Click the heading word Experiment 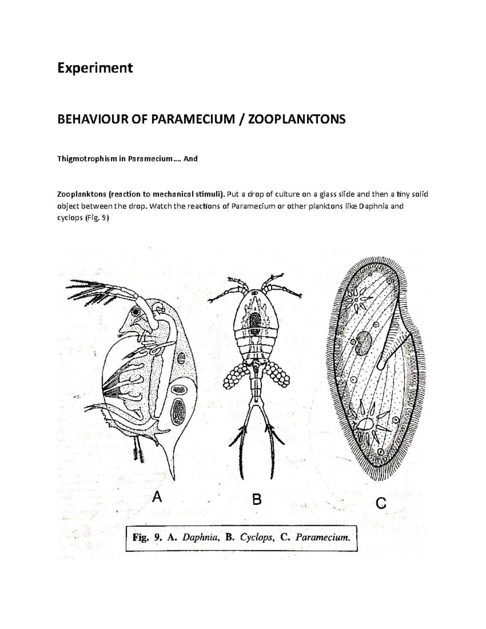point(95,68)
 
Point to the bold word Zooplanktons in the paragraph point(80,194)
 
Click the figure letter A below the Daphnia point(156,496)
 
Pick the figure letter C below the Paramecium point(381,503)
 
